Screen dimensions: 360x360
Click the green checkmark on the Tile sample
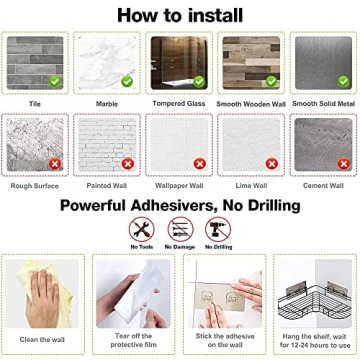point(55,81)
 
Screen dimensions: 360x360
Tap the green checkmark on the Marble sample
point(127,81)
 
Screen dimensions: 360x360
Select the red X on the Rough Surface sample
point(55,164)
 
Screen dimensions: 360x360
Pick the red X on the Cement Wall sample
point(344,164)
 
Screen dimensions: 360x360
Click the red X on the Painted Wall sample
point(128,164)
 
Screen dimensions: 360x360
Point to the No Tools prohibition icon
point(142,229)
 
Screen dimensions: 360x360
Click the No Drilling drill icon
point(218,229)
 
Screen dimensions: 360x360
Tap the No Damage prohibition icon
point(181,229)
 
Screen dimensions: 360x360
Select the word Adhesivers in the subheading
point(172,206)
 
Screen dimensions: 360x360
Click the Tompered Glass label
point(179,104)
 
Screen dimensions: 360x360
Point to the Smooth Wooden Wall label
point(251,104)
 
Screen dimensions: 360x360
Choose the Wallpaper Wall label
point(179,186)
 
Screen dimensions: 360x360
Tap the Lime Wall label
point(251,186)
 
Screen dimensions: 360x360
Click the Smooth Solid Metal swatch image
point(323,63)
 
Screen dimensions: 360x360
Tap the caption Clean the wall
point(42,340)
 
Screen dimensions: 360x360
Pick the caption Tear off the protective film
point(133,340)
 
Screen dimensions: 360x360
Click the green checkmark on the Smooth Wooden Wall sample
point(271,81)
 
